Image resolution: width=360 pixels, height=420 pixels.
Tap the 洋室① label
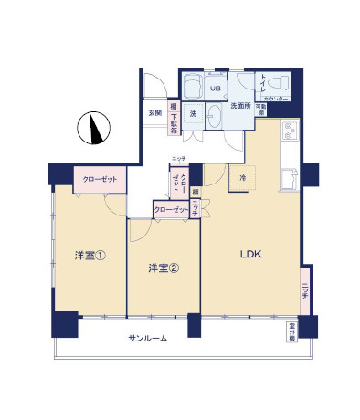(x=90, y=256)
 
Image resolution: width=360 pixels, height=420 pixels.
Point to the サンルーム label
(x=147, y=339)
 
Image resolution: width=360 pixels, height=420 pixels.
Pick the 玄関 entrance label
(x=154, y=113)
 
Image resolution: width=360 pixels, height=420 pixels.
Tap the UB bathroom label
(x=217, y=89)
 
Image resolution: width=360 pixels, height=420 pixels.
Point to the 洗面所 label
(x=240, y=107)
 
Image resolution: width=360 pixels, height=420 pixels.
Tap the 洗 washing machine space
(x=193, y=114)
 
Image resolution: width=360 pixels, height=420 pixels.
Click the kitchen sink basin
(x=291, y=177)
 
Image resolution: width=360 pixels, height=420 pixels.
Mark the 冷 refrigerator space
(x=243, y=177)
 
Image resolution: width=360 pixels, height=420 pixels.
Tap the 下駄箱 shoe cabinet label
(x=174, y=119)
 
